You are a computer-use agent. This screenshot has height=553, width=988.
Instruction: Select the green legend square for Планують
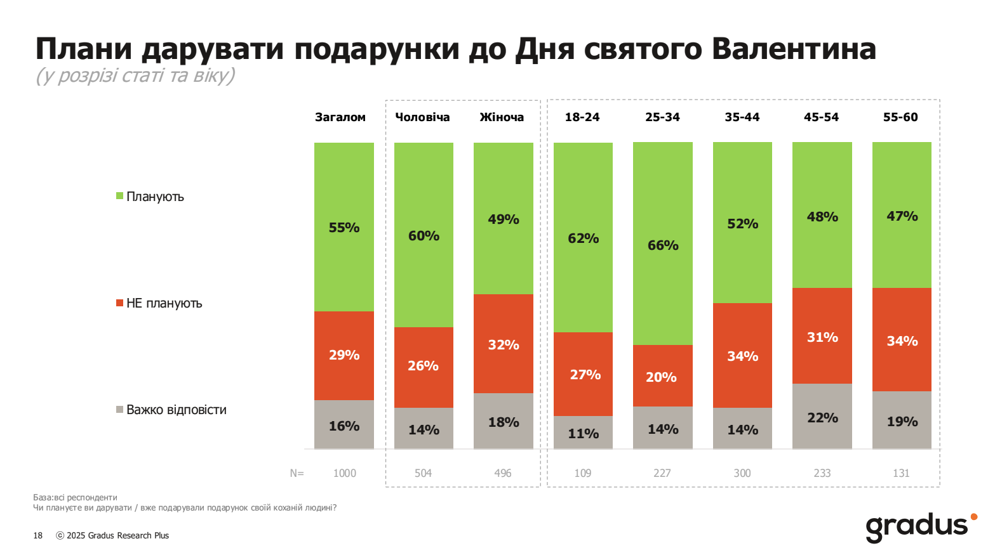[x=119, y=196]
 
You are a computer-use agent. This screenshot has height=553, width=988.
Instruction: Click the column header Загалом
[x=340, y=117]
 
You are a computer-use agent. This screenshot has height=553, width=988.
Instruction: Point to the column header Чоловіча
[x=422, y=117]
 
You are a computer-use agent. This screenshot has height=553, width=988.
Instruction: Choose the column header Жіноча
[x=502, y=117]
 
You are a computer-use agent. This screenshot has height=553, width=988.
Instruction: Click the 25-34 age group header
[x=662, y=117]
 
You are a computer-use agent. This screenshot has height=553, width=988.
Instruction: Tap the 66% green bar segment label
[x=663, y=245]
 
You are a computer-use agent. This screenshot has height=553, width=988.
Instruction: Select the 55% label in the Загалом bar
[x=344, y=228]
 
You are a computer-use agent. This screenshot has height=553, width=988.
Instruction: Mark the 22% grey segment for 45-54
[x=822, y=418]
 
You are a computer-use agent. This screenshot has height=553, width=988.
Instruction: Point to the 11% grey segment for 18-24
[x=583, y=434]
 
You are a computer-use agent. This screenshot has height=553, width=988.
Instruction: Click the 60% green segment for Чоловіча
[x=424, y=236]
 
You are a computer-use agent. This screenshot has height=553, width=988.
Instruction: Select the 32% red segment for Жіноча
[x=504, y=345]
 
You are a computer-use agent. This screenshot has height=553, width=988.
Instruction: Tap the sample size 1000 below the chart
[x=345, y=473]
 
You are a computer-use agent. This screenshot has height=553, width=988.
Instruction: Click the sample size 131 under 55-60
[x=901, y=473]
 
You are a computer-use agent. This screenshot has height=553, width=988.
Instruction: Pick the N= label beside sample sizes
[x=297, y=473]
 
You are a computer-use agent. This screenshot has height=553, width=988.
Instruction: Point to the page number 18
[x=38, y=536]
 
